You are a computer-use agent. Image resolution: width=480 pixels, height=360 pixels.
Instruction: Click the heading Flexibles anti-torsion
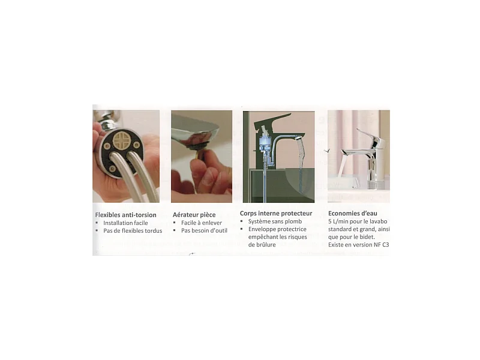[x=125, y=215]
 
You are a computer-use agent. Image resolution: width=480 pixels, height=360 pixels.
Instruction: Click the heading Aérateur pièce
[x=194, y=215]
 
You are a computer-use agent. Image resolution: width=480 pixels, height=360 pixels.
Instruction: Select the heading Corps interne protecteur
[x=276, y=214]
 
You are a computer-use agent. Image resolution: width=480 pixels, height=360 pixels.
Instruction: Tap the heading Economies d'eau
[x=353, y=214]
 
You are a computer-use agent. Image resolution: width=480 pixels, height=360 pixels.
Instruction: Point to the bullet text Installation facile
[x=125, y=223]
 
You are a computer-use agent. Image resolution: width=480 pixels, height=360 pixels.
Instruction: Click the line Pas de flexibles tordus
[x=133, y=230]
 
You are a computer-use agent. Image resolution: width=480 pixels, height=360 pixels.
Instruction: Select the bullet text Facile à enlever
[x=202, y=223]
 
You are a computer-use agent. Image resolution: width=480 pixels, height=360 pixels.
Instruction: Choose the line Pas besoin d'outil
[x=204, y=230]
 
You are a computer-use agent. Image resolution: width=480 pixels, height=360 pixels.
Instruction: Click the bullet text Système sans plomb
[x=275, y=221]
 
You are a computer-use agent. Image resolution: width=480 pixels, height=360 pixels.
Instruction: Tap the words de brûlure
[x=262, y=245]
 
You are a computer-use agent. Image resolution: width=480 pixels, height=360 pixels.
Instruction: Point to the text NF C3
[x=381, y=245]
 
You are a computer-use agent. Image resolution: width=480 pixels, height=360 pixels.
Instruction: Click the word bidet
[x=367, y=237]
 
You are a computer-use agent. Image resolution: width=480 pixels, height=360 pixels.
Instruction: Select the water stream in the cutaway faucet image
[x=302, y=166]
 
